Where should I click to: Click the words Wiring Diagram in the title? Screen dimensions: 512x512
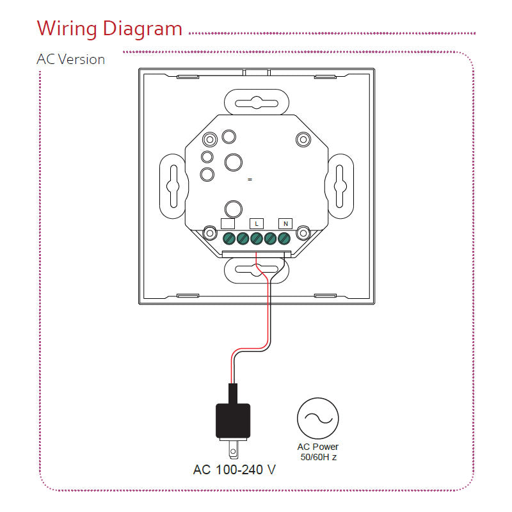tap(109, 29)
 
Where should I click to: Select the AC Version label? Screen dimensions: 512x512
tap(71, 60)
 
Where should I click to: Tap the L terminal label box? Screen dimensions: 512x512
tap(256, 223)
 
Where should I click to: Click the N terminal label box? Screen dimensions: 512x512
tap(285, 223)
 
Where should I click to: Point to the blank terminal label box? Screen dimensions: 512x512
tap(227, 223)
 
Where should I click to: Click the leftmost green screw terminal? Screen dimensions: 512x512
tap(228, 239)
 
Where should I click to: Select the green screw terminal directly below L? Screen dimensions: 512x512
tap(256, 239)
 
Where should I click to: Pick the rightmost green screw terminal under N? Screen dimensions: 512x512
tap(284, 239)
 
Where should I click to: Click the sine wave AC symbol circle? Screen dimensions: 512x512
tap(317, 418)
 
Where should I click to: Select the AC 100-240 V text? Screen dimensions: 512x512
tap(234, 470)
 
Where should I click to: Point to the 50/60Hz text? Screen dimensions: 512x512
tap(318, 458)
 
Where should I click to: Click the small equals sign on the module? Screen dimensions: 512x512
tap(250, 180)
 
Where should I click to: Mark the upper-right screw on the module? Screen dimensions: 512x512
tap(302, 139)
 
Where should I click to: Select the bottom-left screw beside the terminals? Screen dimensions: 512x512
tap(209, 233)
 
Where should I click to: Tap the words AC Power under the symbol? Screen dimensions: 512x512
tap(318, 447)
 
